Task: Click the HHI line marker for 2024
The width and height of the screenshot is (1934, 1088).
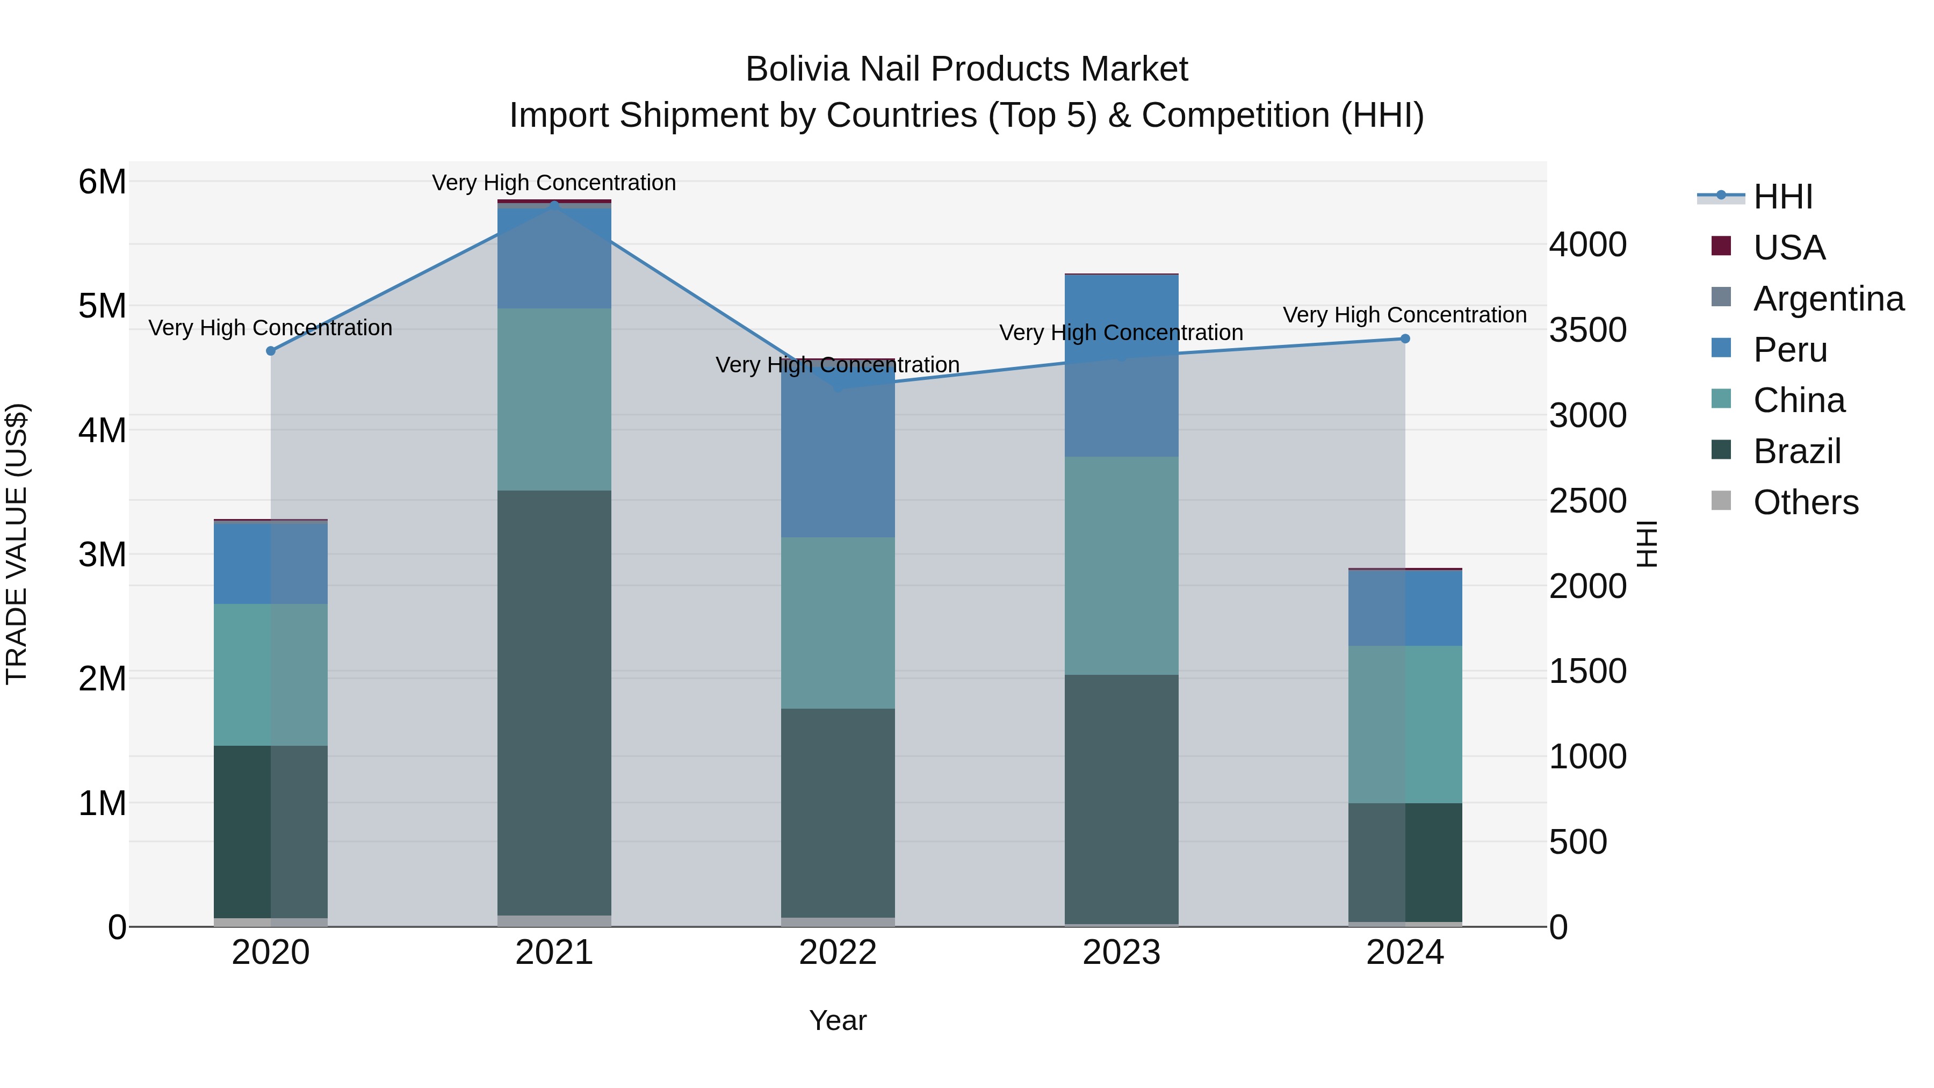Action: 1405,338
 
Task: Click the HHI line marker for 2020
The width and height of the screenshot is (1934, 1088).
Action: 271,351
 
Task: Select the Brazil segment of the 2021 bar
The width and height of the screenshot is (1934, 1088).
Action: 554,702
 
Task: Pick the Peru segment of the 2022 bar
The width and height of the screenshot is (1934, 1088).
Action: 838,451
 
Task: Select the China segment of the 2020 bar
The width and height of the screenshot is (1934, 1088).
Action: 271,674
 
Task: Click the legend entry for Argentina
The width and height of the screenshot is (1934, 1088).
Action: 1828,299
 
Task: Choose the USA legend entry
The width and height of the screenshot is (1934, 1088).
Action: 1788,248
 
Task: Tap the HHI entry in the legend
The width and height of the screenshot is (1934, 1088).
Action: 1783,197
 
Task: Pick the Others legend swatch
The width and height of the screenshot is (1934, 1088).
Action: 1721,501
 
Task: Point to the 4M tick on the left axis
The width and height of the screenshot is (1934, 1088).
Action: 102,430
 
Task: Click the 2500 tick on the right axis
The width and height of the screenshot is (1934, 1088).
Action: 1587,501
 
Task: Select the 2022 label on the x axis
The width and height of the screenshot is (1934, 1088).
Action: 838,953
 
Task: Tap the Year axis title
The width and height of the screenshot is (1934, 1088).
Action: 838,1020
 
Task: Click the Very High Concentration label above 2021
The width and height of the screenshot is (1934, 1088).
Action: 554,183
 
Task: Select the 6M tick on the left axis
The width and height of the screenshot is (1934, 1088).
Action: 102,182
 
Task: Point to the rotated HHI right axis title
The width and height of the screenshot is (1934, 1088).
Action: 1647,544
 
